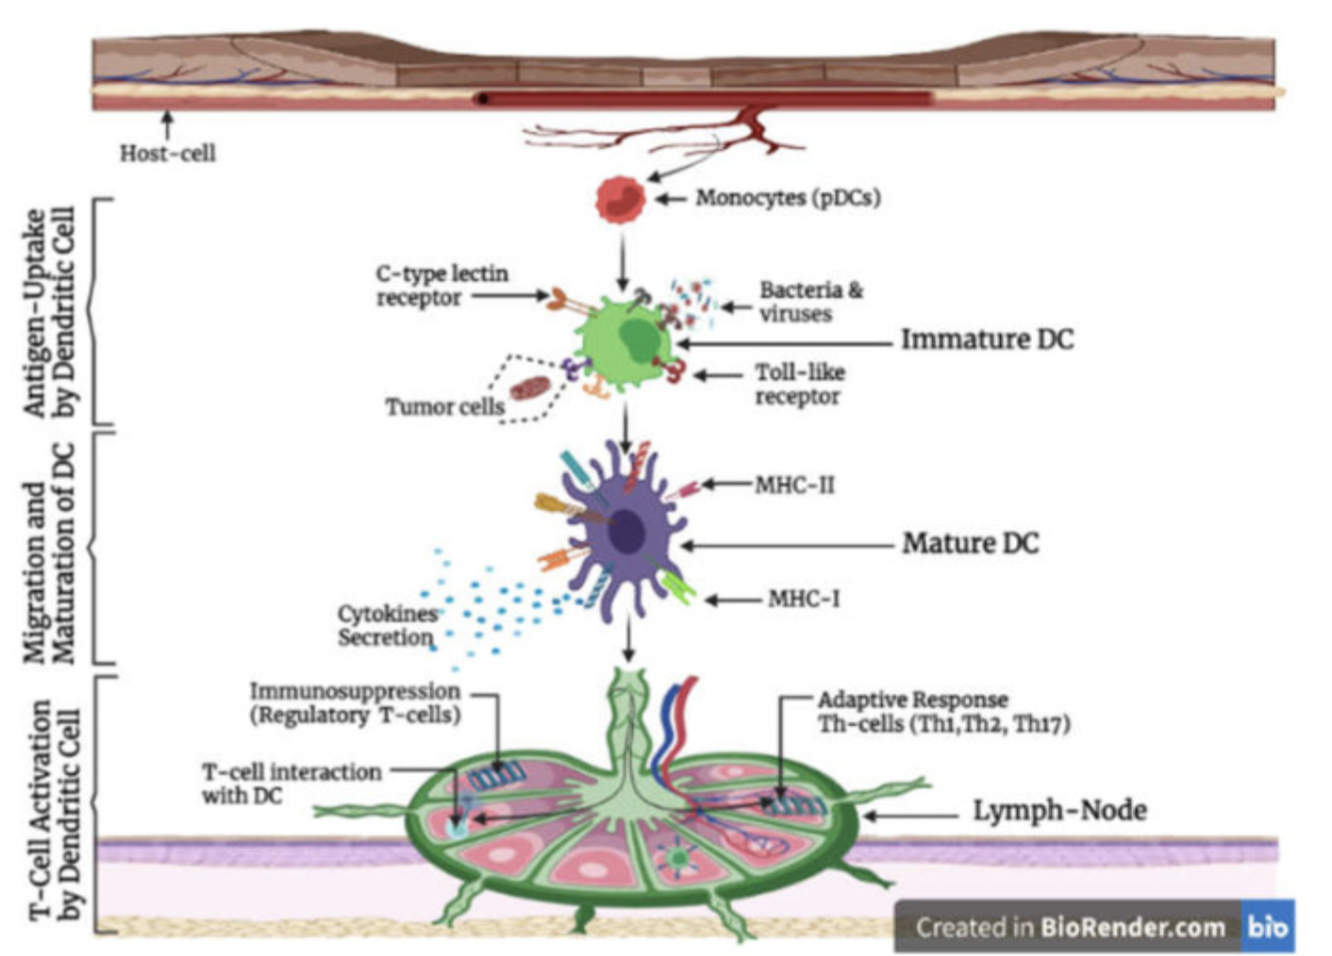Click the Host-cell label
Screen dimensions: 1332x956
(168, 154)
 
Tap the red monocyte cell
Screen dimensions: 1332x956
(620, 200)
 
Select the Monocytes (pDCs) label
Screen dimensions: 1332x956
(788, 198)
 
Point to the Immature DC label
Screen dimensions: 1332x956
(988, 339)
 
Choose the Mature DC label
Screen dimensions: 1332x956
(971, 543)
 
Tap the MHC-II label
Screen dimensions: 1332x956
(794, 486)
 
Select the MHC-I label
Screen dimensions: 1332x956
(804, 599)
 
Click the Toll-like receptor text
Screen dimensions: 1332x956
(800, 385)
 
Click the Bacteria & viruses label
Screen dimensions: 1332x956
(811, 302)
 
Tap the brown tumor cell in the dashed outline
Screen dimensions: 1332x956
(526, 388)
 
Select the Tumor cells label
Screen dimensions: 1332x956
(445, 407)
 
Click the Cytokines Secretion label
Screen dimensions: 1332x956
(387, 626)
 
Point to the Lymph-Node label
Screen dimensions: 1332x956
(1059, 811)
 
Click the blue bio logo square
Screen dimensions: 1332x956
(1268, 926)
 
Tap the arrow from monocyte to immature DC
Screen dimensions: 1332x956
(623, 261)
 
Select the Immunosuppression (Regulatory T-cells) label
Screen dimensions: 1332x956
(356, 703)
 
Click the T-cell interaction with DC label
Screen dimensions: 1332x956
(291, 783)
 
